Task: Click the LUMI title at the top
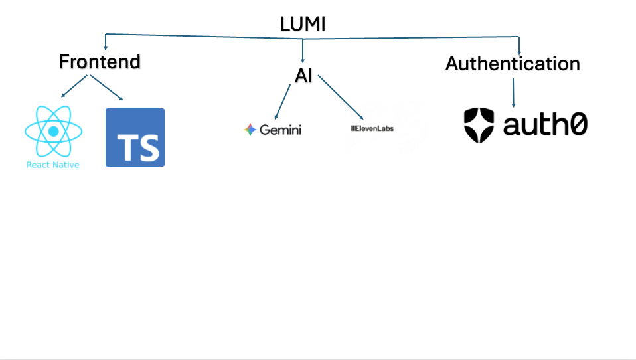point(303,24)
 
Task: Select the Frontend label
point(100,62)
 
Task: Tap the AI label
point(303,76)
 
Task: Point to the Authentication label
point(513,64)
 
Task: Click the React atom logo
point(54,131)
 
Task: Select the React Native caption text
point(52,165)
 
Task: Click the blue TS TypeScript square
point(135,137)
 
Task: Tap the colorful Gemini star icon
point(250,130)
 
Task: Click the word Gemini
point(280,130)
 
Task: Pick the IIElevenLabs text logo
point(372,128)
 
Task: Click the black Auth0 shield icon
point(479,126)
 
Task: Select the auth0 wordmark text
point(545,124)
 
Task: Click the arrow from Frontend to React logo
point(74,86)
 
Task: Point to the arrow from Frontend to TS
point(107,88)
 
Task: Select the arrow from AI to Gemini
point(283,102)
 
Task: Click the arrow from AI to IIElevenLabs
point(341,98)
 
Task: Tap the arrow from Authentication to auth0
point(513,93)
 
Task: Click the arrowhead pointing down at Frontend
point(106,48)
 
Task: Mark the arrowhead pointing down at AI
point(303,60)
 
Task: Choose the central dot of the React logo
point(54,131)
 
